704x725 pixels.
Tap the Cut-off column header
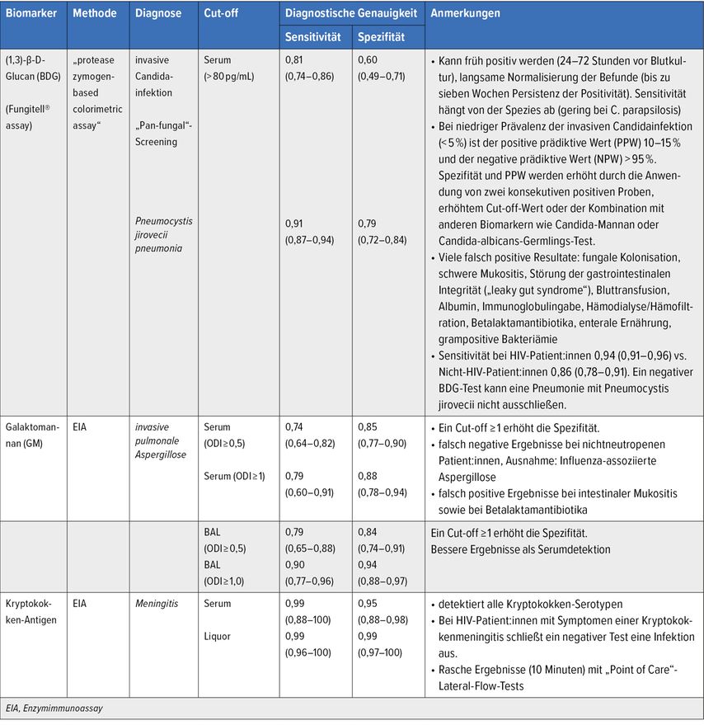tap(222, 14)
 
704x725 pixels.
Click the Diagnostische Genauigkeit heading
tap(352, 14)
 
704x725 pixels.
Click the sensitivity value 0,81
tap(294, 60)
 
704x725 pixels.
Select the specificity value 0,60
tap(367, 60)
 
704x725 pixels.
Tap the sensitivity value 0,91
tap(294, 224)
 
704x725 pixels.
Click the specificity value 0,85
tap(367, 427)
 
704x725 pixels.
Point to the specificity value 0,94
tap(367, 566)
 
